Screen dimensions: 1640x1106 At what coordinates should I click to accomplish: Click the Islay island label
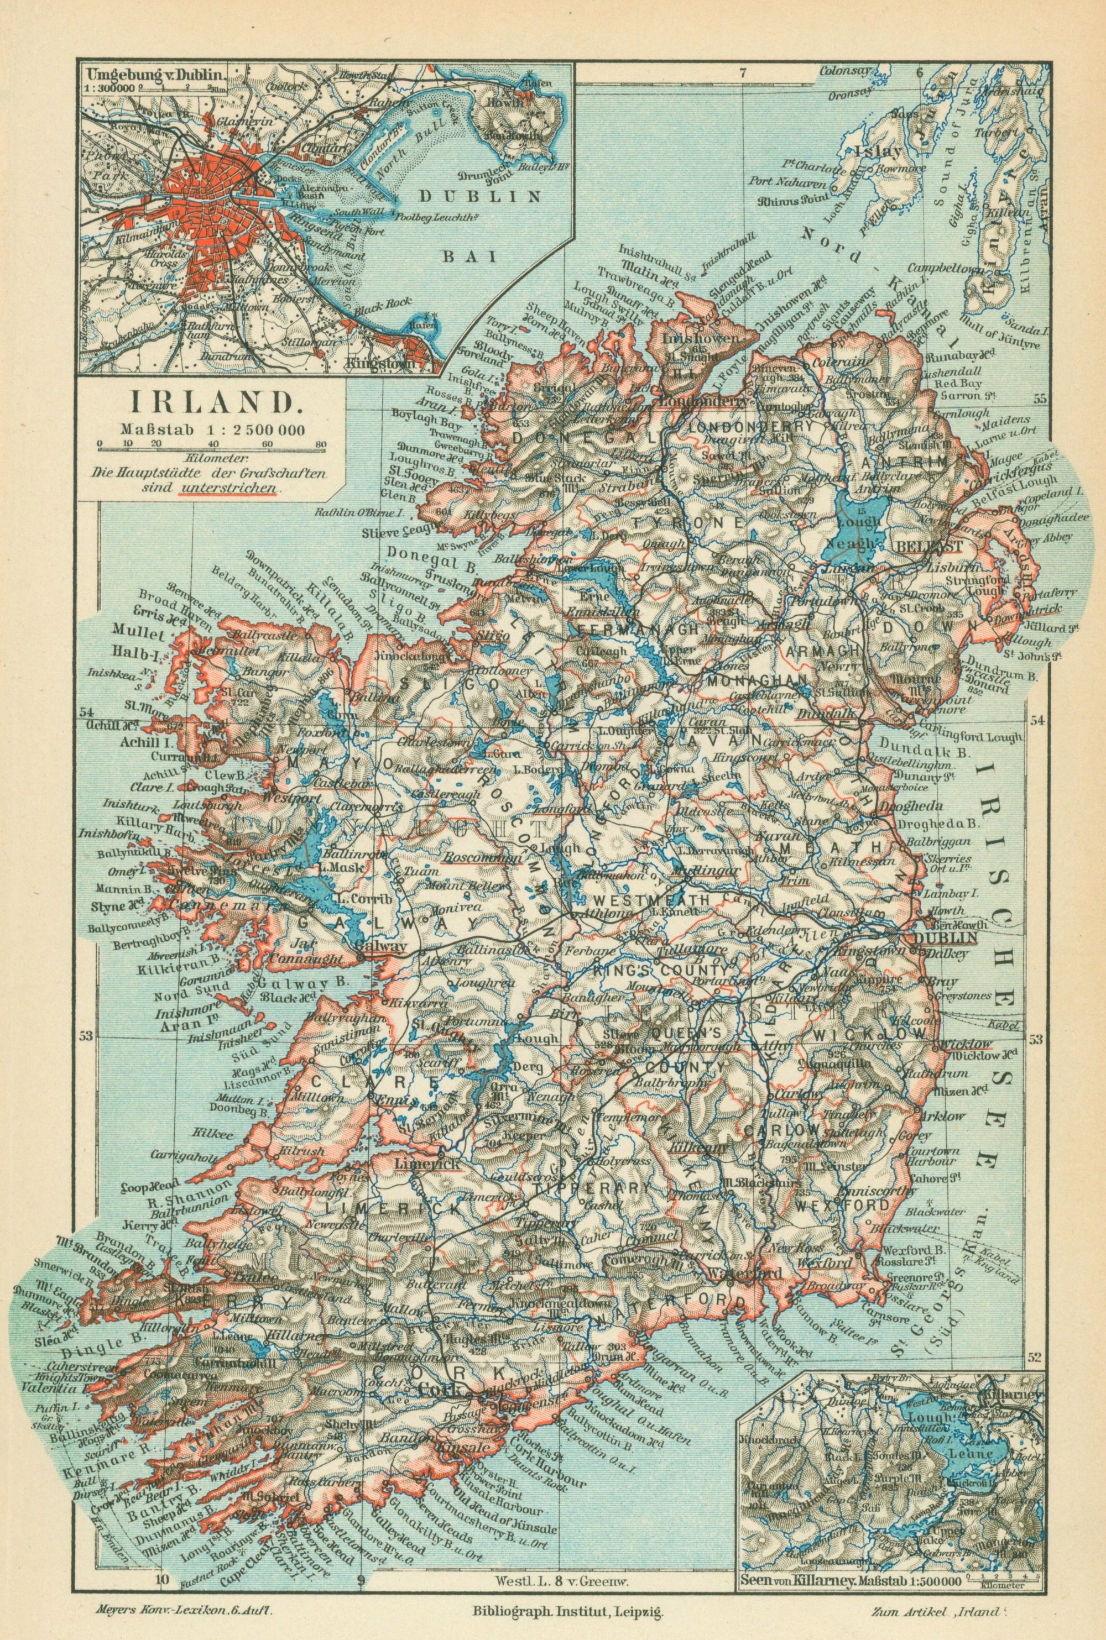[875, 150]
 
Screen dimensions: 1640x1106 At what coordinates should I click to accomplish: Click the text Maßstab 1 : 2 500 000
[212, 427]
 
